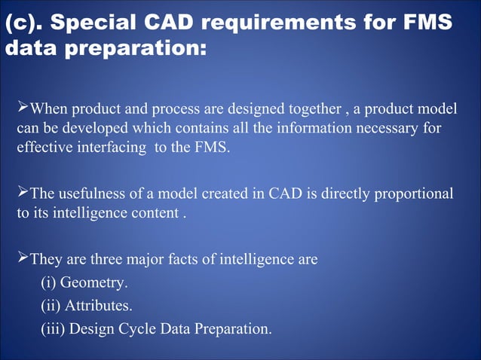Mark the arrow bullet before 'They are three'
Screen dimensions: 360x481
22,258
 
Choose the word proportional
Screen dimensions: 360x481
417,193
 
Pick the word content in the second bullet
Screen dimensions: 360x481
155,213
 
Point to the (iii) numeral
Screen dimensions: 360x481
53,329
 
